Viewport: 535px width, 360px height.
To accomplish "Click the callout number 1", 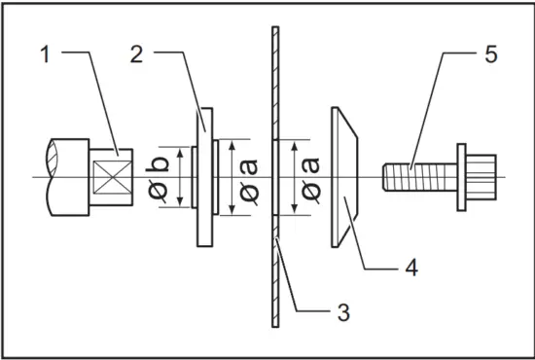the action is pos(45,54).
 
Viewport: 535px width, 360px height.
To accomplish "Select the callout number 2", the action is pos(136,54).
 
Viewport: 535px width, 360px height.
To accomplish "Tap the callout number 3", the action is pos(343,312).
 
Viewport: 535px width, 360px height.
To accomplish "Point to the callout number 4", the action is pos(411,268).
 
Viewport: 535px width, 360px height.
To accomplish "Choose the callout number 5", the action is pos(490,54).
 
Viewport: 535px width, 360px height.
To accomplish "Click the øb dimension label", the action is pos(159,177).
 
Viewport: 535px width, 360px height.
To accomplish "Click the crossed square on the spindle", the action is pos(112,177).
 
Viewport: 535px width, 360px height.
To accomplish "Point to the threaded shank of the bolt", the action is pos(419,177).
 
